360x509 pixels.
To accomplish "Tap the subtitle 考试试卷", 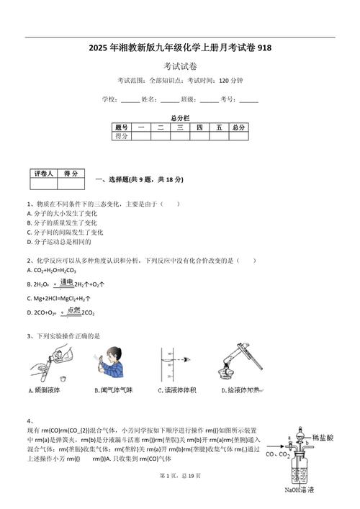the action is [180, 66].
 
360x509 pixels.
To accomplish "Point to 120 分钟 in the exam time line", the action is [230, 80].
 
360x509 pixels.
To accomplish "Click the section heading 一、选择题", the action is [115, 179].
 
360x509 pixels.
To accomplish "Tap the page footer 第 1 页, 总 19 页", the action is [180, 496].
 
